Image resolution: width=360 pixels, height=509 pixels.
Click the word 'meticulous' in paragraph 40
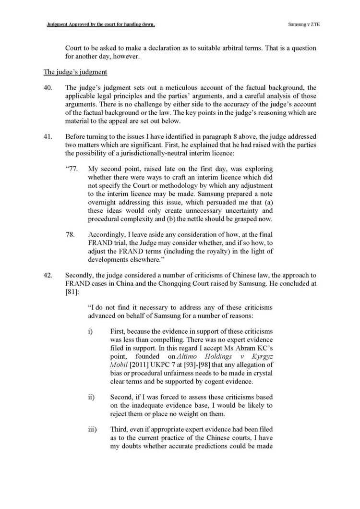[x=173, y=88]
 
